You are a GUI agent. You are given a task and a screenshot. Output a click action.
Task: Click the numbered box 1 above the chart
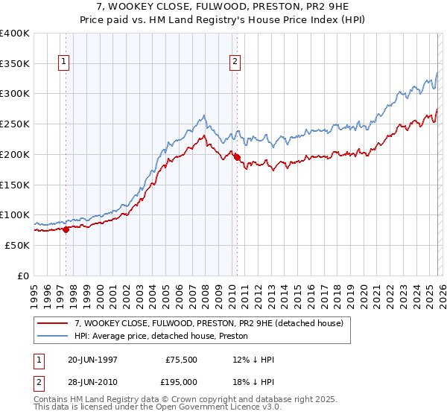(x=65, y=63)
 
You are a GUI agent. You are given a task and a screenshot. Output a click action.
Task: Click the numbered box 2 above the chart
(x=235, y=63)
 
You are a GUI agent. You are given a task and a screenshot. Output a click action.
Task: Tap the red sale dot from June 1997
(x=66, y=229)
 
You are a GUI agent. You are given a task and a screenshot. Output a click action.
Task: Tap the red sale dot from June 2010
(x=237, y=157)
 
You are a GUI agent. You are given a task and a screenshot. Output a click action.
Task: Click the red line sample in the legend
(x=54, y=324)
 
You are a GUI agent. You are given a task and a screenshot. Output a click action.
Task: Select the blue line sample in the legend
(x=54, y=337)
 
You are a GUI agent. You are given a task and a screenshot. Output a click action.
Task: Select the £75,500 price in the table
(x=180, y=360)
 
